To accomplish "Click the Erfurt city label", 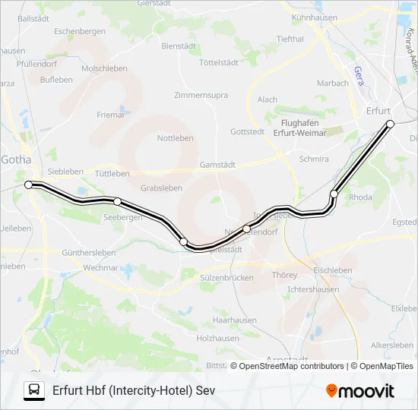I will [x=378, y=110].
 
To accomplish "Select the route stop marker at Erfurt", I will [x=390, y=123].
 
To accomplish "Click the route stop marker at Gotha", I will [x=29, y=184].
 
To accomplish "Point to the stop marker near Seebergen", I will [x=117, y=201].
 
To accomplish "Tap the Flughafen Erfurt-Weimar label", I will [x=293, y=128].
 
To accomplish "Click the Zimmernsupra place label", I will [x=201, y=95].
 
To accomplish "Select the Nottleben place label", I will [x=175, y=138].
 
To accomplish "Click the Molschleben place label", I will [x=104, y=68].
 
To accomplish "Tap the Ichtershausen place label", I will [x=313, y=289].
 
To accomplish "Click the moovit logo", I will [x=360, y=391].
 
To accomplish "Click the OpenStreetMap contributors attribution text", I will [x=290, y=366].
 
